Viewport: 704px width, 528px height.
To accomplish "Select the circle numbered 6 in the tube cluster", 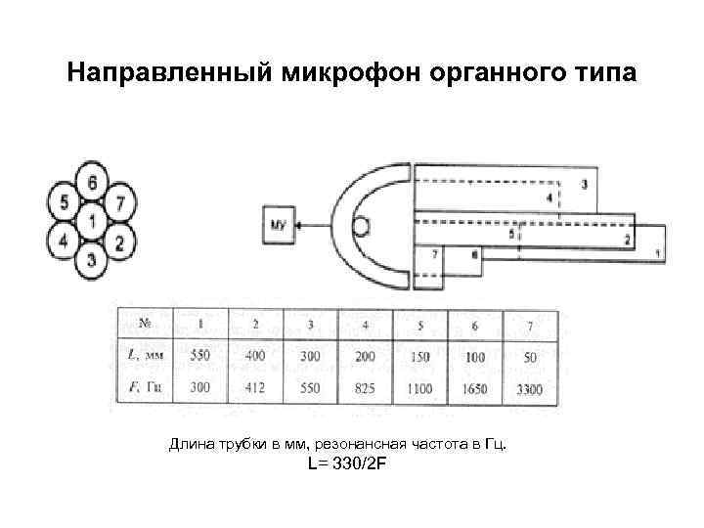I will [91, 183].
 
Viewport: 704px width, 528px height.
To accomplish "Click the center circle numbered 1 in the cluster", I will [91, 222].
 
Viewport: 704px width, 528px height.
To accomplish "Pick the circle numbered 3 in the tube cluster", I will [91, 260].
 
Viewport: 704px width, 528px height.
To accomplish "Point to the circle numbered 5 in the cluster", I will [64, 202].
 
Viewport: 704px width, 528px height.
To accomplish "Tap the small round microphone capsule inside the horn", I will [361, 227].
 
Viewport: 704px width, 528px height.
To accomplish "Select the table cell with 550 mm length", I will [200, 357].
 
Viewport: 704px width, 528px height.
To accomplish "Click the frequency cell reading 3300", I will [531, 389].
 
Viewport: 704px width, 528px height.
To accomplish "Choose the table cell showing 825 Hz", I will [365, 389].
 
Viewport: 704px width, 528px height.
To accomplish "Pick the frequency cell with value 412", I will [255, 389].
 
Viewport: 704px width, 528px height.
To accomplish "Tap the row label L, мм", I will [146, 357].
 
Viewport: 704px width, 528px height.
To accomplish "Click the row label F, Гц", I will [146, 389].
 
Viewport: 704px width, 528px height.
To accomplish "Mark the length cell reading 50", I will [531, 358].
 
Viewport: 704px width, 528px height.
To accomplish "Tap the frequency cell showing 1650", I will [475, 389].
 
